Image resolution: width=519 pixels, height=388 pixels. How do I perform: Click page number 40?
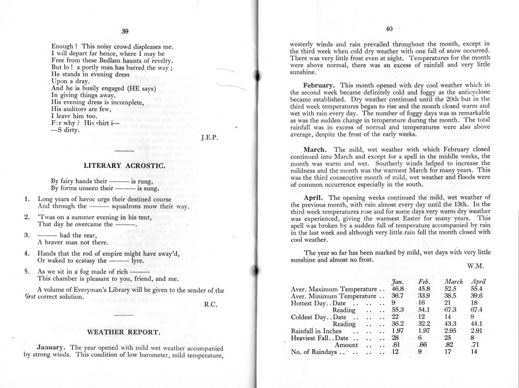point(388,29)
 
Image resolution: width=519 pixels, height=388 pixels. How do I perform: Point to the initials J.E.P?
point(210,138)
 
